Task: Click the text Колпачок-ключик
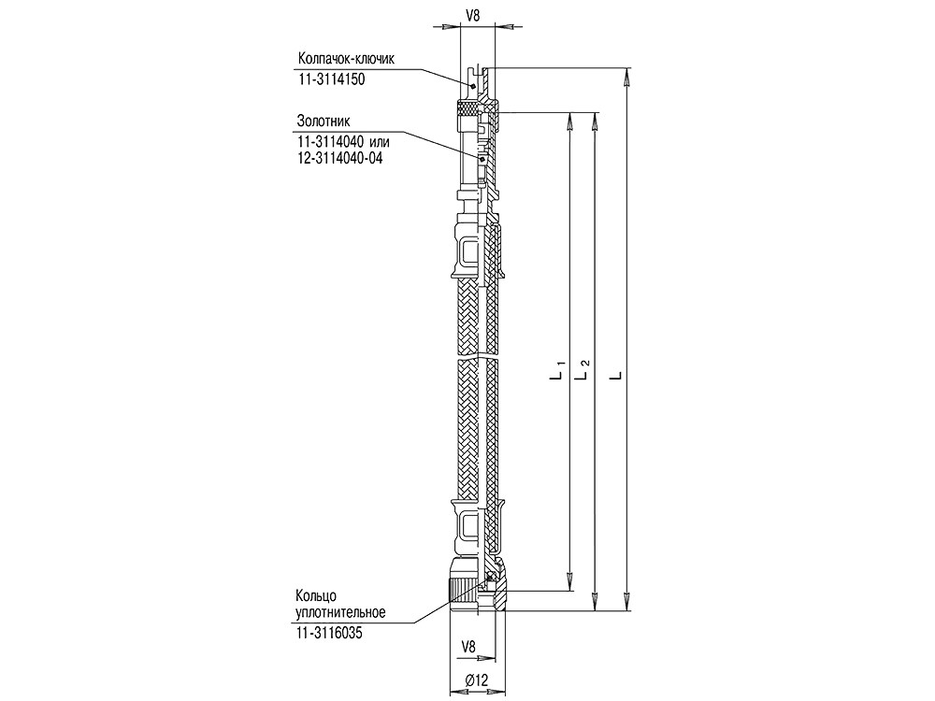click(x=346, y=58)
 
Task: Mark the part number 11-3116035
click(x=328, y=633)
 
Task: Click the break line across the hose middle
click(x=478, y=357)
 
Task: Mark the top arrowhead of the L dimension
click(x=627, y=77)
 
